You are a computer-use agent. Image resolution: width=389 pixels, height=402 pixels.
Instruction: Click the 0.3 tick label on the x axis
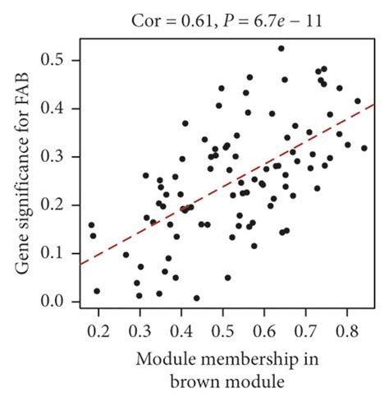140,332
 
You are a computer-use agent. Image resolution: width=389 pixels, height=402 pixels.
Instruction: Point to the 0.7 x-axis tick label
305,332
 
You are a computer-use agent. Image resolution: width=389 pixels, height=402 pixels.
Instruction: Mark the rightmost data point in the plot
364,149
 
